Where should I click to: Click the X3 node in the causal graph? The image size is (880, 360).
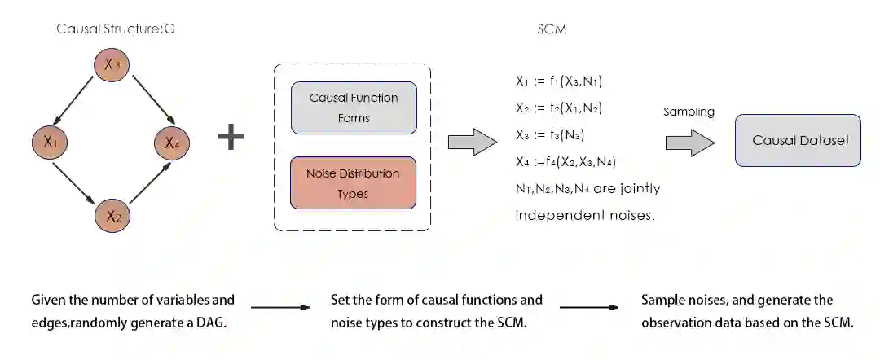[x=112, y=64]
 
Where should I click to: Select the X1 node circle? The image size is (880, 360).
[x=50, y=143]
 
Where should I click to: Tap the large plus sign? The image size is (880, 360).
[x=231, y=137]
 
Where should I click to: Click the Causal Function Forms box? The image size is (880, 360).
[x=354, y=108]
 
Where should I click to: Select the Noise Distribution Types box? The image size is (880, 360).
[x=354, y=183]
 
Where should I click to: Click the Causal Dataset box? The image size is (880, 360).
[x=798, y=140]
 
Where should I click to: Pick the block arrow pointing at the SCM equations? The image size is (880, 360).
[x=473, y=142]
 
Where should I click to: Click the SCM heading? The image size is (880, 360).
[x=552, y=29]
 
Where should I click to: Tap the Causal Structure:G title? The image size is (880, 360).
[x=116, y=29]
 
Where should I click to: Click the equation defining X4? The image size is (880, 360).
[x=565, y=161]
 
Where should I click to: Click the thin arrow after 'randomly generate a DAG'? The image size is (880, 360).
[x=280, y=308]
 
